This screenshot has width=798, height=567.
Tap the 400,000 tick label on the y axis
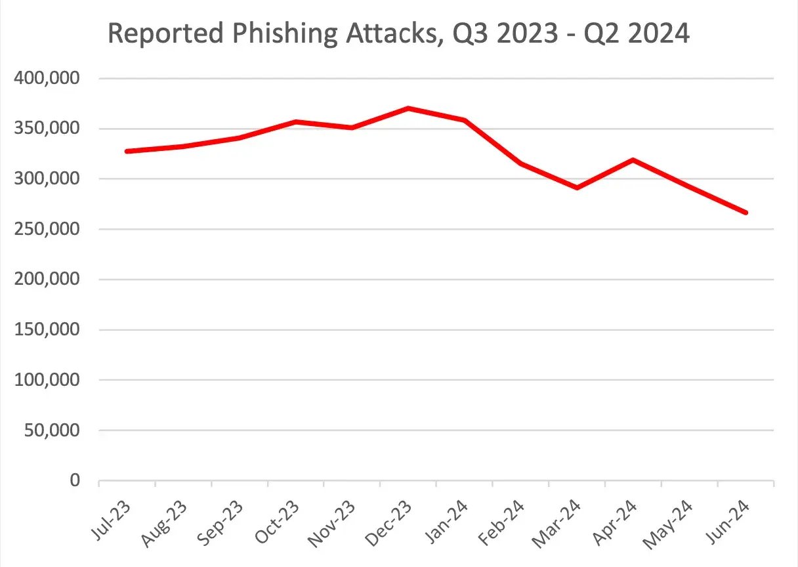tap(47, 79)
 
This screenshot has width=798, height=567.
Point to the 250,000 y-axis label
tap(47, 230)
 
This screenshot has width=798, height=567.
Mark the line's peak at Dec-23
tap(408, 108)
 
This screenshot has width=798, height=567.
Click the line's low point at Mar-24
tap(577, 188)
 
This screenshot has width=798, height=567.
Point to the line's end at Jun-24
tap(745, 213)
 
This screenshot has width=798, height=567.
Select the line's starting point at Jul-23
tap(127, 152)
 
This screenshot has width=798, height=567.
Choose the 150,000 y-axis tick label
tap(47, 330)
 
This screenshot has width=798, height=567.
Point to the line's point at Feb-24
tap(521, 163)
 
